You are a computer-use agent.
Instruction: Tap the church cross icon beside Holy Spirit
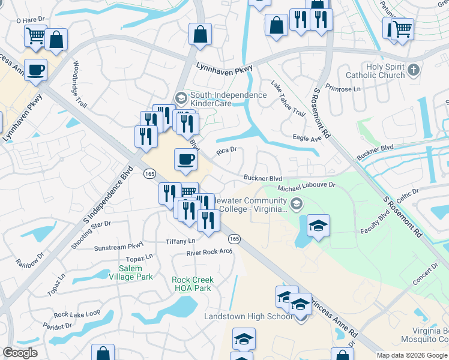pyautogui.click(x=412, y=71)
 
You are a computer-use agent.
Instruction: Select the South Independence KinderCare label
pyautogui.click(x=228, y=100)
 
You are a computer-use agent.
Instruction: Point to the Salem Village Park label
pyautogui.click(x=131, y=272)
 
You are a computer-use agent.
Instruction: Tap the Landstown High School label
pyautogui.click(x=249, y=316)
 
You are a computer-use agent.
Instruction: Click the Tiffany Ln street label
pyautogui.click(x=181, y=241)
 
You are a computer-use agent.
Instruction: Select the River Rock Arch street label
pyautogui.click(x=209, y=253)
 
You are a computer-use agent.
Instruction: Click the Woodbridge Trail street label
pyautogui.click(x=80, y=83)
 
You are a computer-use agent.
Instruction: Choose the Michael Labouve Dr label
pyautogui.click(x=306, y=187)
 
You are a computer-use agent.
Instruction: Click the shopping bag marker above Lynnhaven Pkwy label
pyautogui.click(x=200, y=34)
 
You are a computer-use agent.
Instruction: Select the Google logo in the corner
pyautogui.click(x=20, y=353)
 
